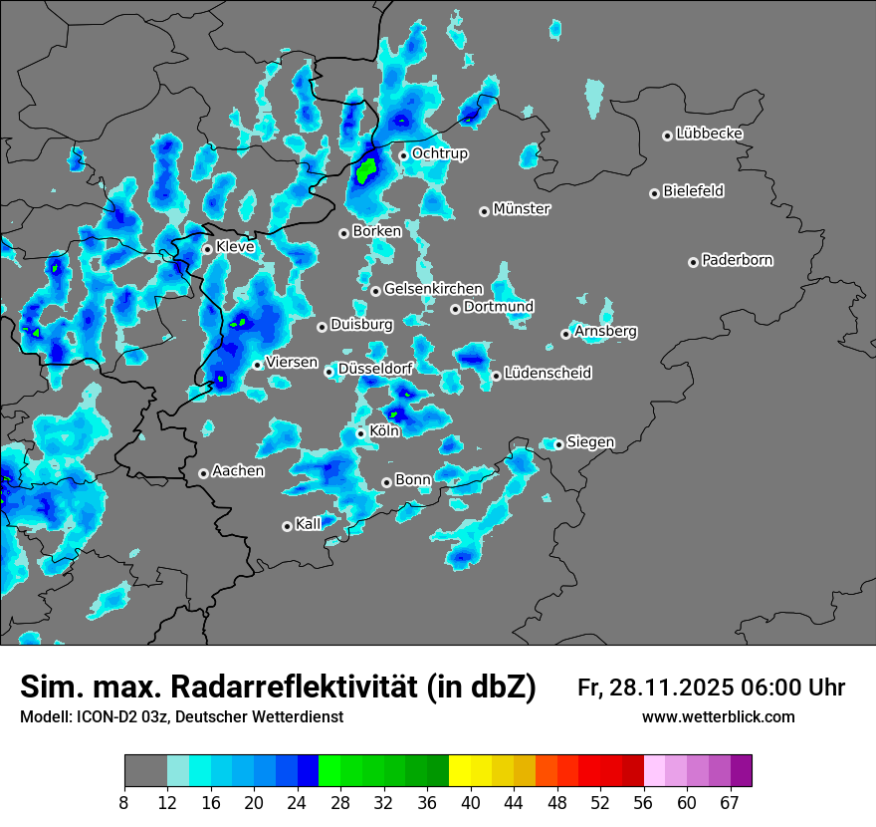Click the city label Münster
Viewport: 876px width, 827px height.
tap(522, 209)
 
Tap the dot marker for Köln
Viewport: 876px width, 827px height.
tap(361, 433)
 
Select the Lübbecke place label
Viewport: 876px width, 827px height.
tap(709, 134)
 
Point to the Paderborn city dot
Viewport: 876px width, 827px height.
tap(694, 262)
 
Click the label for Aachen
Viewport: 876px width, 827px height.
tap(238, 471)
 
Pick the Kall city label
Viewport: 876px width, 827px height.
tap(309, 524)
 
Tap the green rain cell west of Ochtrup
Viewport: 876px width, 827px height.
tap(366, 170)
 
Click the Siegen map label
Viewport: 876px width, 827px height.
tap(590, 442)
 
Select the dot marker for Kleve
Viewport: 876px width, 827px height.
tap(207, 249)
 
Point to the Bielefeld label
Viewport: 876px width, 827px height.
tap(693, 191)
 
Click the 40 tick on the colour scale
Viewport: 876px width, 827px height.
tap(471, 802)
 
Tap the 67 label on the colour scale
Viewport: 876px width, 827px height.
tap(730, 802)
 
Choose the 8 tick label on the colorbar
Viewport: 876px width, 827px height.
tap(124, 802)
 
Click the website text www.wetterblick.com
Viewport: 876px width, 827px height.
tap(718, 717)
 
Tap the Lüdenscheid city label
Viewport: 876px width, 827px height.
tap(547, 374)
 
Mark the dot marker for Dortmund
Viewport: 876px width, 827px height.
tap(455, 309)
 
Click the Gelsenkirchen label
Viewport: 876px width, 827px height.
tap(433, 289)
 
